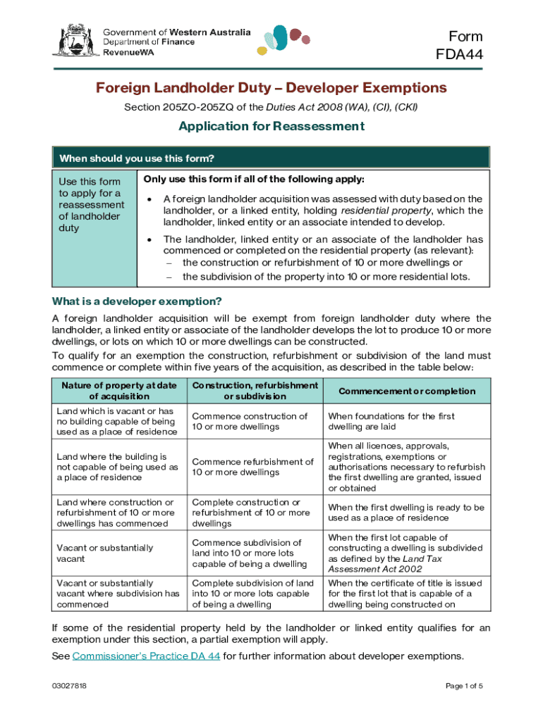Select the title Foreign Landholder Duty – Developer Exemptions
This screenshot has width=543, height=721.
271,88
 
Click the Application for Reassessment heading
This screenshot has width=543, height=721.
271,127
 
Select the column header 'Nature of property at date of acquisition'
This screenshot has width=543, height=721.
118,391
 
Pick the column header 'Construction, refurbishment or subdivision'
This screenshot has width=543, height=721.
255,391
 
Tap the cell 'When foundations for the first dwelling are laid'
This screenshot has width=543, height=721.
391,422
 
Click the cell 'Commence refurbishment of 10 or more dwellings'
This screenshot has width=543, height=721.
252,467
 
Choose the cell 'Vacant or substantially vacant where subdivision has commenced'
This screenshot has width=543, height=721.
118,594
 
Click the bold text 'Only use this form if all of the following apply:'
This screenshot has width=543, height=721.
254,179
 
